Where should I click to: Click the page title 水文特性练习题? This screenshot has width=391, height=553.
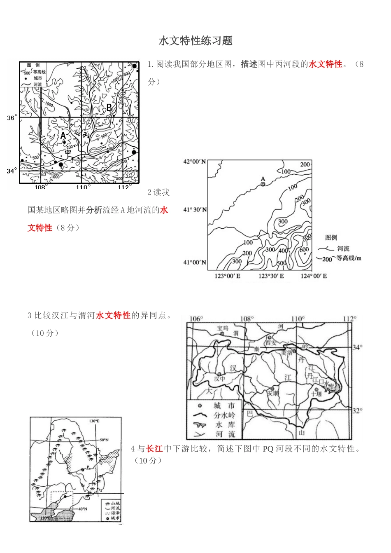195,40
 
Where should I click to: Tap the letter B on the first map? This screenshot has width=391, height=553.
109,108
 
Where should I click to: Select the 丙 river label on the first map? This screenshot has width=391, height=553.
86,135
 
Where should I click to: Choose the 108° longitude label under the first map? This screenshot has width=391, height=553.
40,187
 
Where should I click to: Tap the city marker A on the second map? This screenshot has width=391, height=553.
263,184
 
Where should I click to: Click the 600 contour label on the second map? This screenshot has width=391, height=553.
304,250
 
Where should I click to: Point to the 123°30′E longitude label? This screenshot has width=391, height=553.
271,276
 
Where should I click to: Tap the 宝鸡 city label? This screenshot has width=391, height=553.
223,328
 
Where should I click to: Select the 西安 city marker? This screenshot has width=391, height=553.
270,337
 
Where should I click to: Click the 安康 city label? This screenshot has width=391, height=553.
273,393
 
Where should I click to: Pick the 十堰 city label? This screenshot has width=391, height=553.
316,394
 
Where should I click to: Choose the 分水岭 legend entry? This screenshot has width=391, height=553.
224,415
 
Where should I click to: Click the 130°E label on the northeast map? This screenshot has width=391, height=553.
94,421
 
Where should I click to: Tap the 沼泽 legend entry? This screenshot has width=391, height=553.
115,513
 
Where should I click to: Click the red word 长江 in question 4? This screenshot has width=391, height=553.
154,448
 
